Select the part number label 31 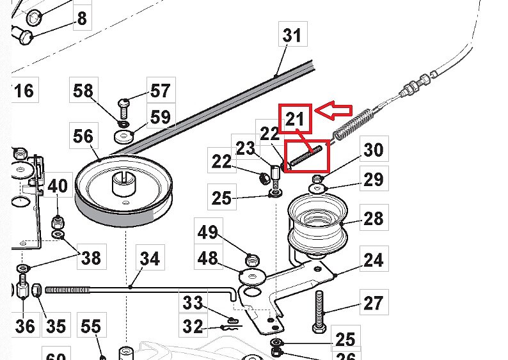click(x=292, y=35)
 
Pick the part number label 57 click(x=159, y=92)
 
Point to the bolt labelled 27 click(x=321, y=310)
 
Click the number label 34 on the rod click(x=150, y=259)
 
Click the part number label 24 click(x=373, y=260)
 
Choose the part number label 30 click(x=373, y=150)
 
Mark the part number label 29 click(x=373, y=180)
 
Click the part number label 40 click(x=58, y=187)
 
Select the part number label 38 click(x=90, y=258)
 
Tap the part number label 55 click(x=90, y=327)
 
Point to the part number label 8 click(x=81, y=19)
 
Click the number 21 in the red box click(x=296, y=119)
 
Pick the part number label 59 click(x=159, y=117)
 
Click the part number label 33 click(x=193, y=302)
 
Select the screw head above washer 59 click(x=124, y=102)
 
